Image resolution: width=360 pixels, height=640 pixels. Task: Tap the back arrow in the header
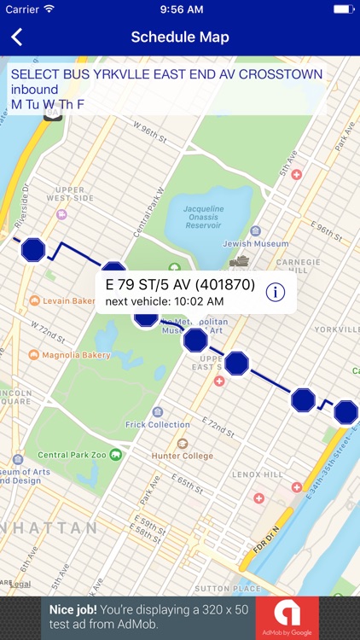[16, 37]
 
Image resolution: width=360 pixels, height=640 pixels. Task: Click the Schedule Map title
[180, 37]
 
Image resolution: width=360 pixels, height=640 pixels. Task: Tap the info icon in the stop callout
[275, 292]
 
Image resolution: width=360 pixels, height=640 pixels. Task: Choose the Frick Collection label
[157, 424]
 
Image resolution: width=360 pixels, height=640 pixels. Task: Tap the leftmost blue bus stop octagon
[33, 249]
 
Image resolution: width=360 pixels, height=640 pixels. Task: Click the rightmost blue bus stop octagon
[345, 412]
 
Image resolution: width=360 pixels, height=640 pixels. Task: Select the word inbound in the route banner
[35, 89]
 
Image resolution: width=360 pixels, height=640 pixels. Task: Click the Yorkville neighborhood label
[336, 329]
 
